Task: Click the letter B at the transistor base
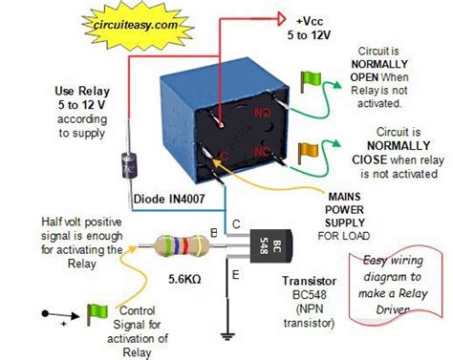212,232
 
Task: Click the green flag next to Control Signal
98,311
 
